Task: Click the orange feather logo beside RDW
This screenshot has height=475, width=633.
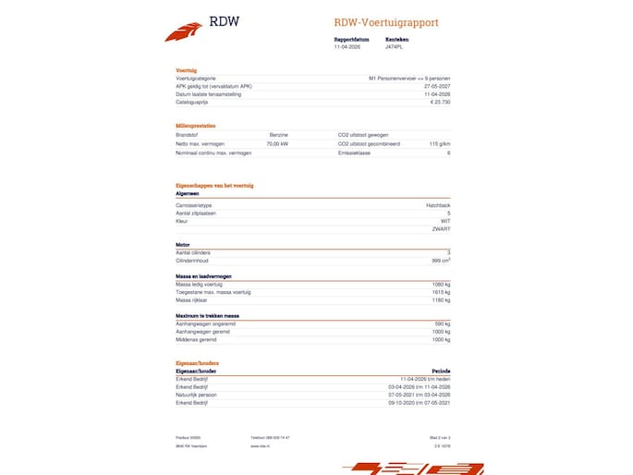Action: pos(183,32)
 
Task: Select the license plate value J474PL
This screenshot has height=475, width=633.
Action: pos(395,47)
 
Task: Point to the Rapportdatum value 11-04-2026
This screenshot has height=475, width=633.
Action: pos(347,47)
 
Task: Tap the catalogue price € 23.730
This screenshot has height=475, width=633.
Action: pos(440,102)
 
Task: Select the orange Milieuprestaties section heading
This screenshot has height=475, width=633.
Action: pos(196,126)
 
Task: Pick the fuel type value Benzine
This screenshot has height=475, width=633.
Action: pos(278,135)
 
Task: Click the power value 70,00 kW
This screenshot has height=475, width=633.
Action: pos(277,144)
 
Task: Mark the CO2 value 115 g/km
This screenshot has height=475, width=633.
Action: pos(440,144)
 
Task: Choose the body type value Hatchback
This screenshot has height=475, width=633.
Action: pos(438,204)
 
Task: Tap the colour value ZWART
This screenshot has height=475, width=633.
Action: pos(441,228)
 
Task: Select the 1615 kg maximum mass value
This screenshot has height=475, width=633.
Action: pos(441,292)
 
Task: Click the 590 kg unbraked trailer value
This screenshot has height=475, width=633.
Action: pos(442,323)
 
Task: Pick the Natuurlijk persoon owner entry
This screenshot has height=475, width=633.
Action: pos(196,395)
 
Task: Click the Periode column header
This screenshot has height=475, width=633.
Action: pos(442,371)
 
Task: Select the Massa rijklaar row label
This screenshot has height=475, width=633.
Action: pos(190,299)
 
